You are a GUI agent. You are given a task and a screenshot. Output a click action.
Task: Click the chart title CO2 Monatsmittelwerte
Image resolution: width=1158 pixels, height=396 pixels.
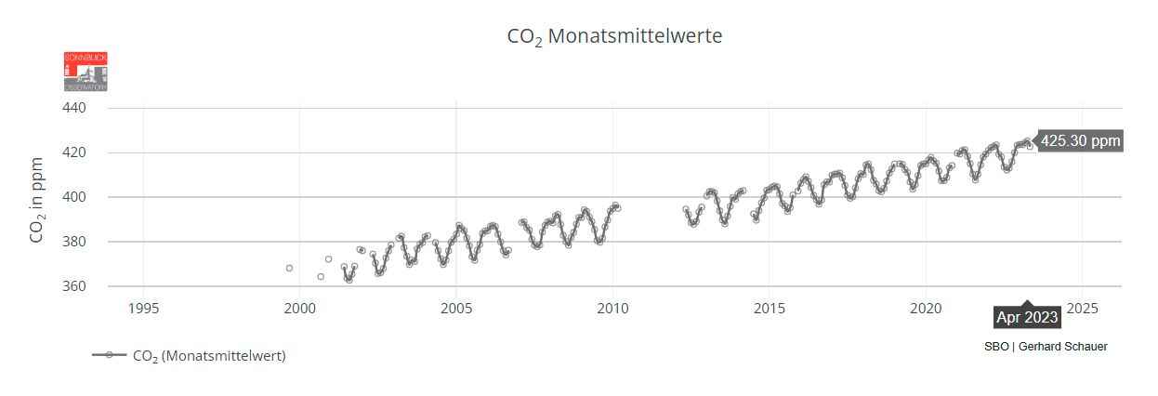(x=614, y=37)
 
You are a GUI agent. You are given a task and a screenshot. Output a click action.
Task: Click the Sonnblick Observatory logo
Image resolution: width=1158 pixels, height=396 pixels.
(x=86, y=72)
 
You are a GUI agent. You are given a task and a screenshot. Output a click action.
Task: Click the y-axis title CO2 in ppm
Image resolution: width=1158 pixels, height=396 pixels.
(x=37, y=197)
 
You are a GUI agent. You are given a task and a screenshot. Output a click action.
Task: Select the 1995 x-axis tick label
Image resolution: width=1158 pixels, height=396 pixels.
(x=143, y=308)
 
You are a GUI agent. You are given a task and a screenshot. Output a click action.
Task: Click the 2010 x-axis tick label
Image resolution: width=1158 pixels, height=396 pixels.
(x=612, y=308)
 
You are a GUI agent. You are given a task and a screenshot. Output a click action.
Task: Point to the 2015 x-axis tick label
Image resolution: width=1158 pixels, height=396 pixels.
(x=769, y=308)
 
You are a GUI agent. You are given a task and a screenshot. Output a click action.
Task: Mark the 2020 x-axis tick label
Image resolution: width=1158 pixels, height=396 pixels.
(x=925, y=308)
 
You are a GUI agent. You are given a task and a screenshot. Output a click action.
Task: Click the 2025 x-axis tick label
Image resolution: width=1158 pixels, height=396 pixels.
(x=1082, y=308)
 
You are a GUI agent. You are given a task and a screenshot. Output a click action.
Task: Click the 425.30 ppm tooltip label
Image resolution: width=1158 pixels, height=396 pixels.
(x=1080, y=141)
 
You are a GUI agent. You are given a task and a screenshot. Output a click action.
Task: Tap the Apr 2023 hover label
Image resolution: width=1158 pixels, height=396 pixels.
(x=1027, y=317)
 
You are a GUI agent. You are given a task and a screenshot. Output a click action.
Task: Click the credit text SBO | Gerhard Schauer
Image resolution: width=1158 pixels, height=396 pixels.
(x=1046, y=346)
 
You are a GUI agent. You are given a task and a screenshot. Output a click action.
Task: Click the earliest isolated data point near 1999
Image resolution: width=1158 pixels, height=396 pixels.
(x=289, y=268)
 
